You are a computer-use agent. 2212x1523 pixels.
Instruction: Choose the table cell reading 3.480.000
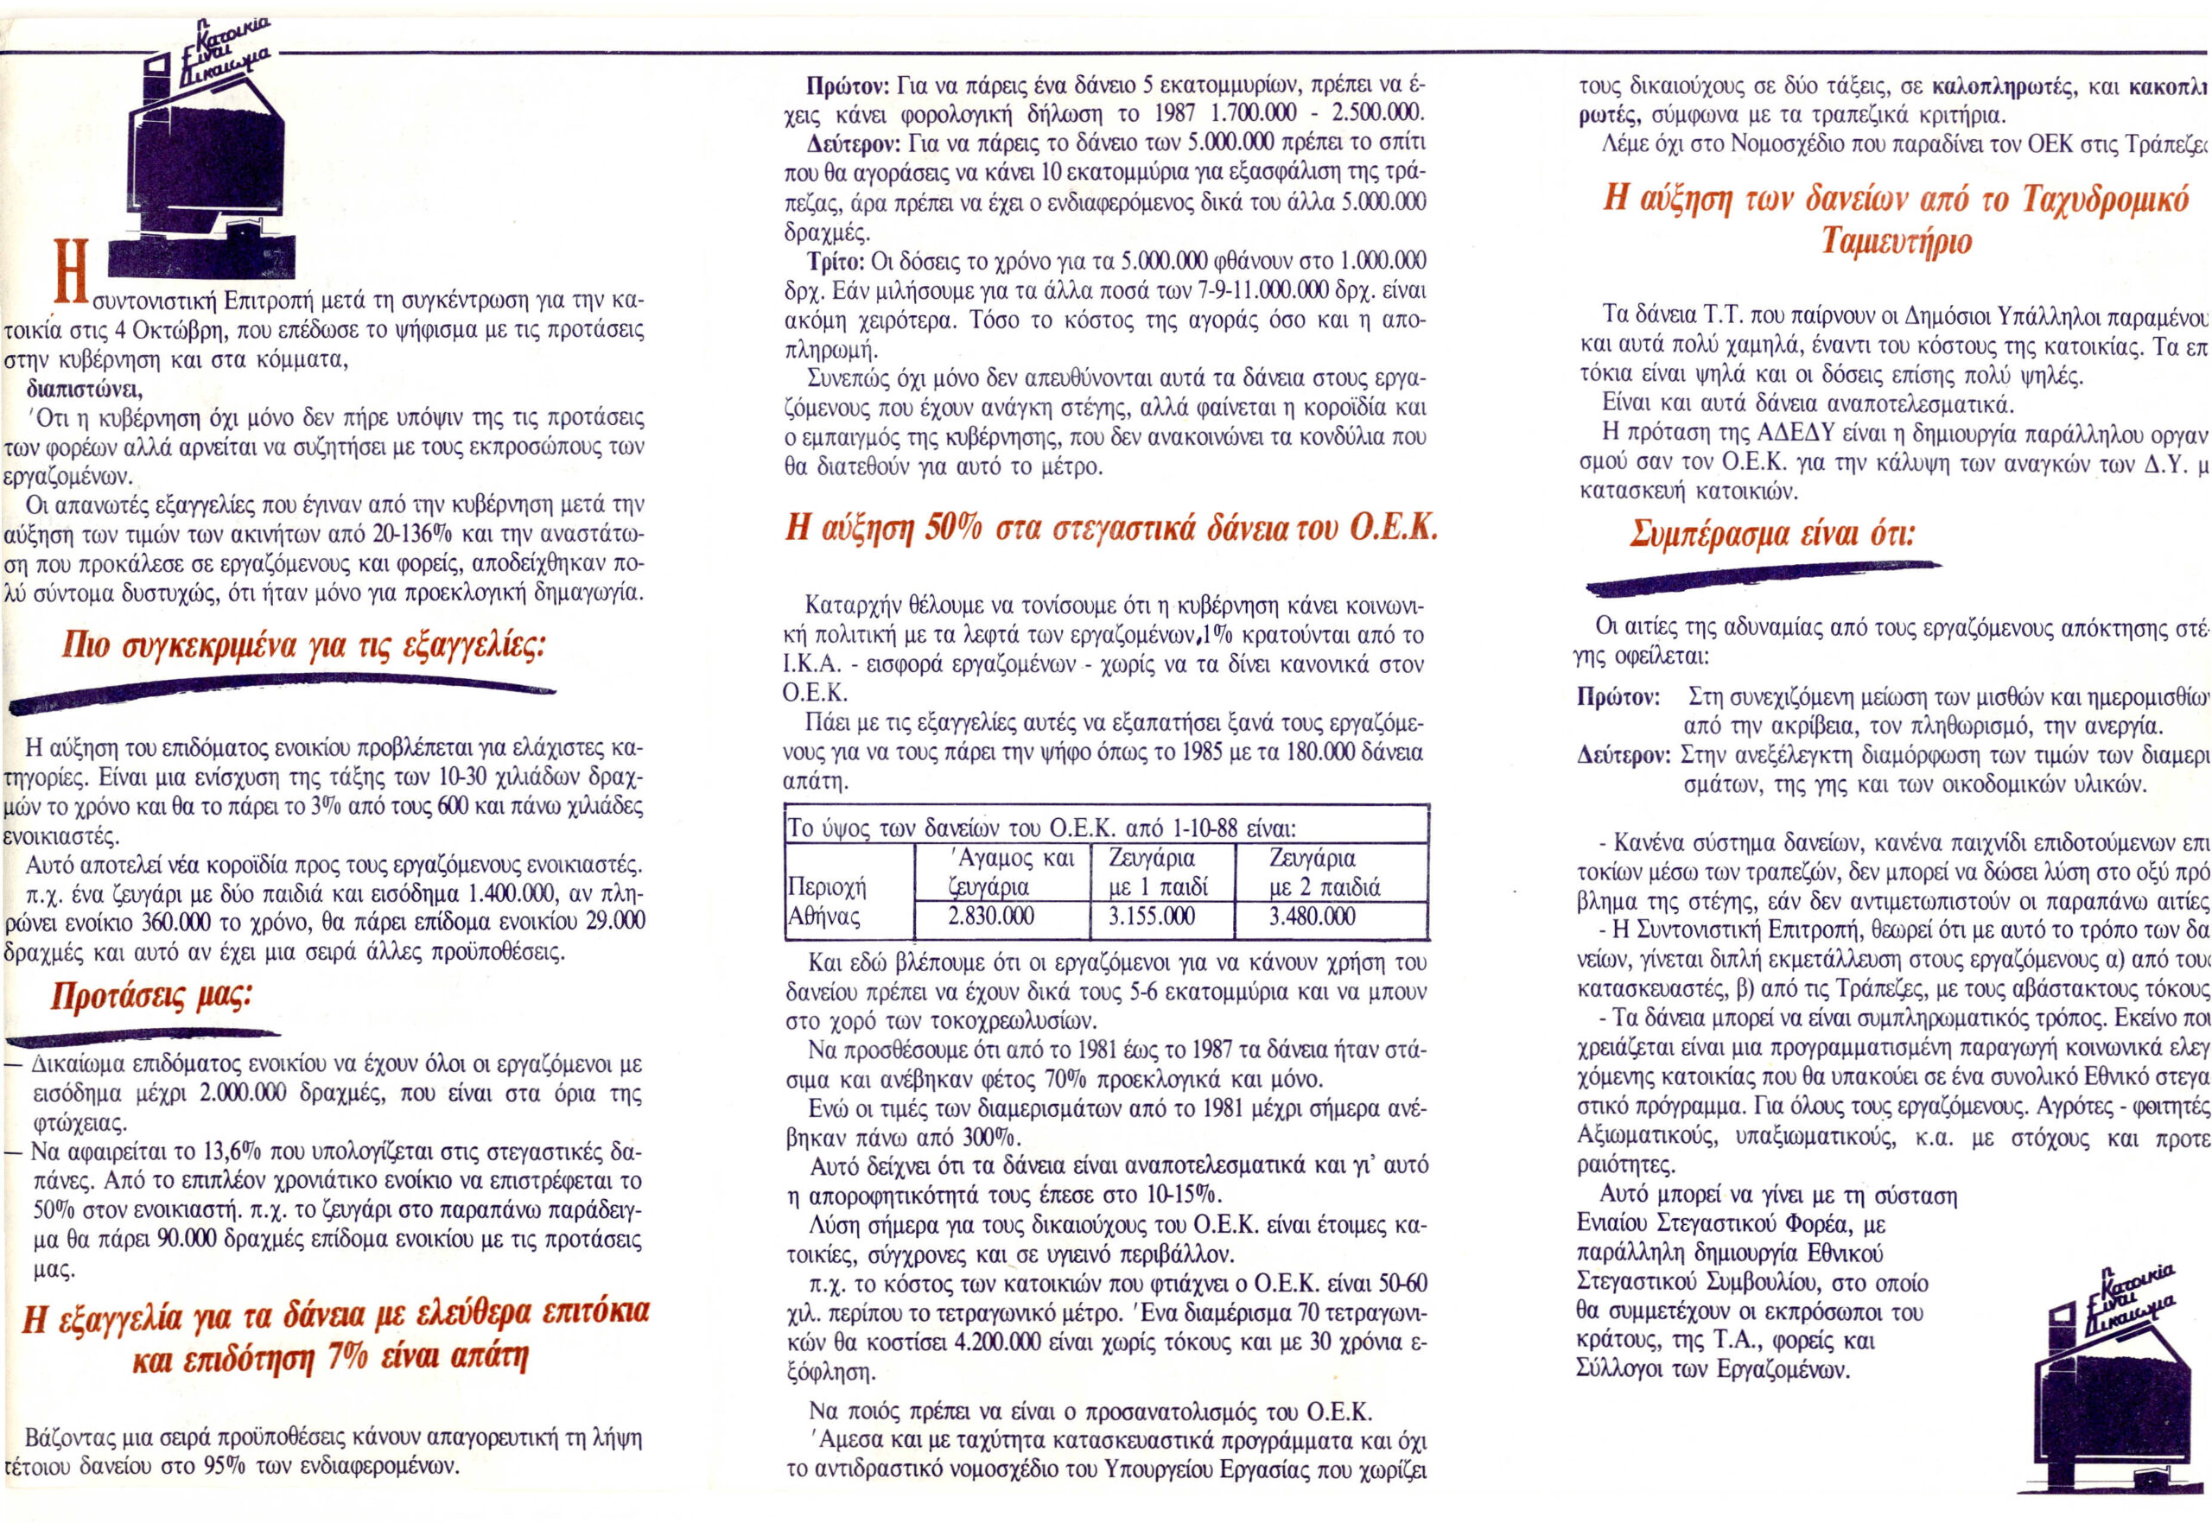[1313, 917]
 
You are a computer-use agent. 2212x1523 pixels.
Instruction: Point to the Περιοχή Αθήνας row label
[826, 903]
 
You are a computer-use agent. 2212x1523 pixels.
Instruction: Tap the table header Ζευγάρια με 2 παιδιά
[1324, 873]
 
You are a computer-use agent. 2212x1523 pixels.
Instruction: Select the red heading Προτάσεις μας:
[150, 998]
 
